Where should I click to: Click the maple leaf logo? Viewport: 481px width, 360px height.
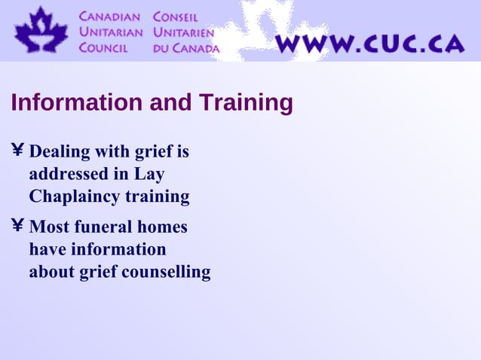click(x=41, y=31)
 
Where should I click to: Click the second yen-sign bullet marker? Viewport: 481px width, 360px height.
click(x=17, y=226)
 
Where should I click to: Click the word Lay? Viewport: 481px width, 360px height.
click(x=149, y=174)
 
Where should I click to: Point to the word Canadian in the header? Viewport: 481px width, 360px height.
click(x=110, y=17)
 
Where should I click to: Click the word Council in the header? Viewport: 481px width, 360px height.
click(x=104, y=47)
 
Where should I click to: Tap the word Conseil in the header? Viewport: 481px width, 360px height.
click(x=175, y=17)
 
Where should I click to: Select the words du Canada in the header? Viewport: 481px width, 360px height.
click(x=186, y=47)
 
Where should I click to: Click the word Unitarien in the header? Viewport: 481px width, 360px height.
click(x=183, y=32)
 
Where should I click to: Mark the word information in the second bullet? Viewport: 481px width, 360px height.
click(x=97, y=249)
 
